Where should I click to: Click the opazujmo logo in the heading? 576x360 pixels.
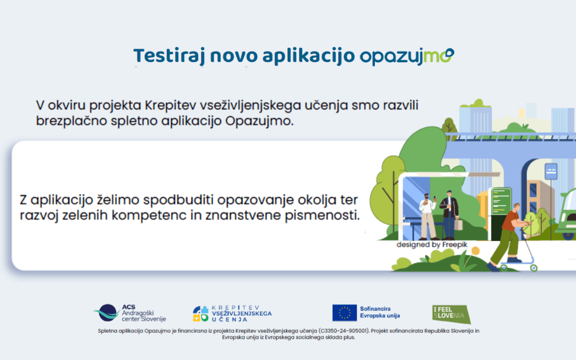407,56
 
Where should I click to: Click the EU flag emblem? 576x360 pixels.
345,313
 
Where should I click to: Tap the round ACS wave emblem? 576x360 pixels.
107,313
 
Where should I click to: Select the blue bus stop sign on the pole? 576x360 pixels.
551,171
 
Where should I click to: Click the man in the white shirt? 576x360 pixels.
428,216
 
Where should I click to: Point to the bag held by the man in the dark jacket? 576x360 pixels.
458,224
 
